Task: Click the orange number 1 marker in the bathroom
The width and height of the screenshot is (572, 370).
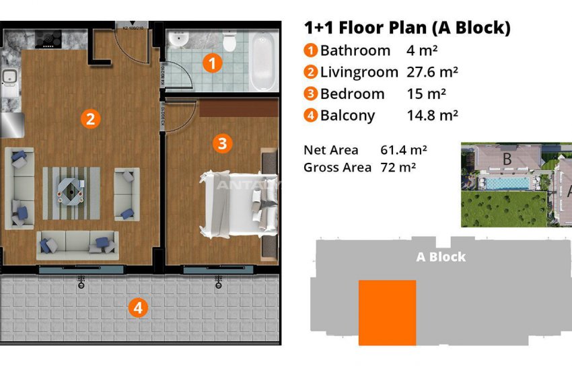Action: click(213, 64)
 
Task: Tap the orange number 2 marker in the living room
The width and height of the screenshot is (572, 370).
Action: click(90, 119)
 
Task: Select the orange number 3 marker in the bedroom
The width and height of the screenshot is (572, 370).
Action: click(223, 143)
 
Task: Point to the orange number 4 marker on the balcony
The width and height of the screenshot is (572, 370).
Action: click(138, 309)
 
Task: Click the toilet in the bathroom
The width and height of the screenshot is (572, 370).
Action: click(230, 43)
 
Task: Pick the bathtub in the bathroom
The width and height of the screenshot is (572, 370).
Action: click(263, 64)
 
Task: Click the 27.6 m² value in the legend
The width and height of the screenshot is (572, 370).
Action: click(433, 72)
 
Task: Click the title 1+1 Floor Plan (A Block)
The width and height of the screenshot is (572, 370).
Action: click(407, 28)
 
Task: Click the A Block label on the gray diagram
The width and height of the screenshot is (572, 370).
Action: click(441, 256)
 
